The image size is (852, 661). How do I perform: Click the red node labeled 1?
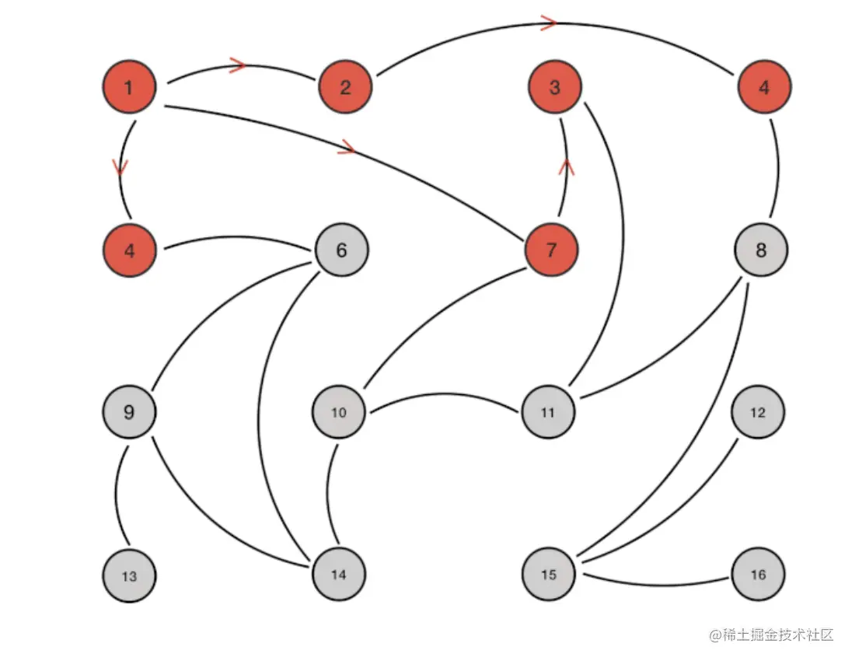[x=129, y=86]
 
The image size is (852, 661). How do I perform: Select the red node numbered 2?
[x=345, y=86]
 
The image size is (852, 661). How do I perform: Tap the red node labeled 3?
[x=554, y=86]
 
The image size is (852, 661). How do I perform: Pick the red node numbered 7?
[x=552, y=250]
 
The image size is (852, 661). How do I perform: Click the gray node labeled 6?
[x=341, y=250]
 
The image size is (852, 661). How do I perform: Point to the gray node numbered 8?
[x=761, y=250]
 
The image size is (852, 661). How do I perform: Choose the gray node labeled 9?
[x=129, y=411]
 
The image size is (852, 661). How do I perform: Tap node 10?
[x=339, y=413]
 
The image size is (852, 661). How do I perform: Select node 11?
[x=548, y=413]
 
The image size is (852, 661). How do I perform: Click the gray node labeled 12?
[x=758, y=413]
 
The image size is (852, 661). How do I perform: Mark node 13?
[x=129, y=576]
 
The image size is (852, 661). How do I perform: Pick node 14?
[x=339, y=575]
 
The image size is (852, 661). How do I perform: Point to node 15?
[x=549, y=575]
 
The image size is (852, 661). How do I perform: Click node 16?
[x=758, y=575]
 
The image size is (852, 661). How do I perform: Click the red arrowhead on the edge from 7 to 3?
[x=567, y=166]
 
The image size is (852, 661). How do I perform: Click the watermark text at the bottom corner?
[x=770, y=635]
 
